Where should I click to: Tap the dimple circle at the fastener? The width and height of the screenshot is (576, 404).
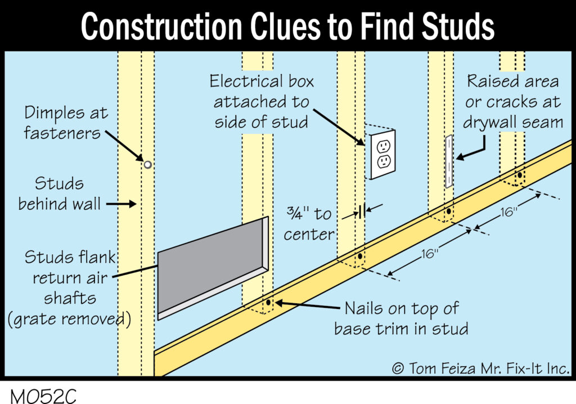coord(147,165)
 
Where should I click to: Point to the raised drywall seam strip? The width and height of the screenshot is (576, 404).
coord(449,161)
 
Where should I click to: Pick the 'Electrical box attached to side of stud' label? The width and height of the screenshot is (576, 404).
coord(262,102)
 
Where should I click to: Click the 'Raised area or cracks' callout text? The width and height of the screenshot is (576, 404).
coord(512,102)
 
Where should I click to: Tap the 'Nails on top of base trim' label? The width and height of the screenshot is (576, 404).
coord(401,317)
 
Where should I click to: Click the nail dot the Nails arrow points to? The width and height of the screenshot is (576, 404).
coord(268,303)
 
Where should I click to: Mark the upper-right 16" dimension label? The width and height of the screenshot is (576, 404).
coord(508,213)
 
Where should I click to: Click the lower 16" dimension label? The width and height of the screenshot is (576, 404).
coord(429,254)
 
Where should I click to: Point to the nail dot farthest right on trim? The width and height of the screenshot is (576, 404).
coord(520,175)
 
